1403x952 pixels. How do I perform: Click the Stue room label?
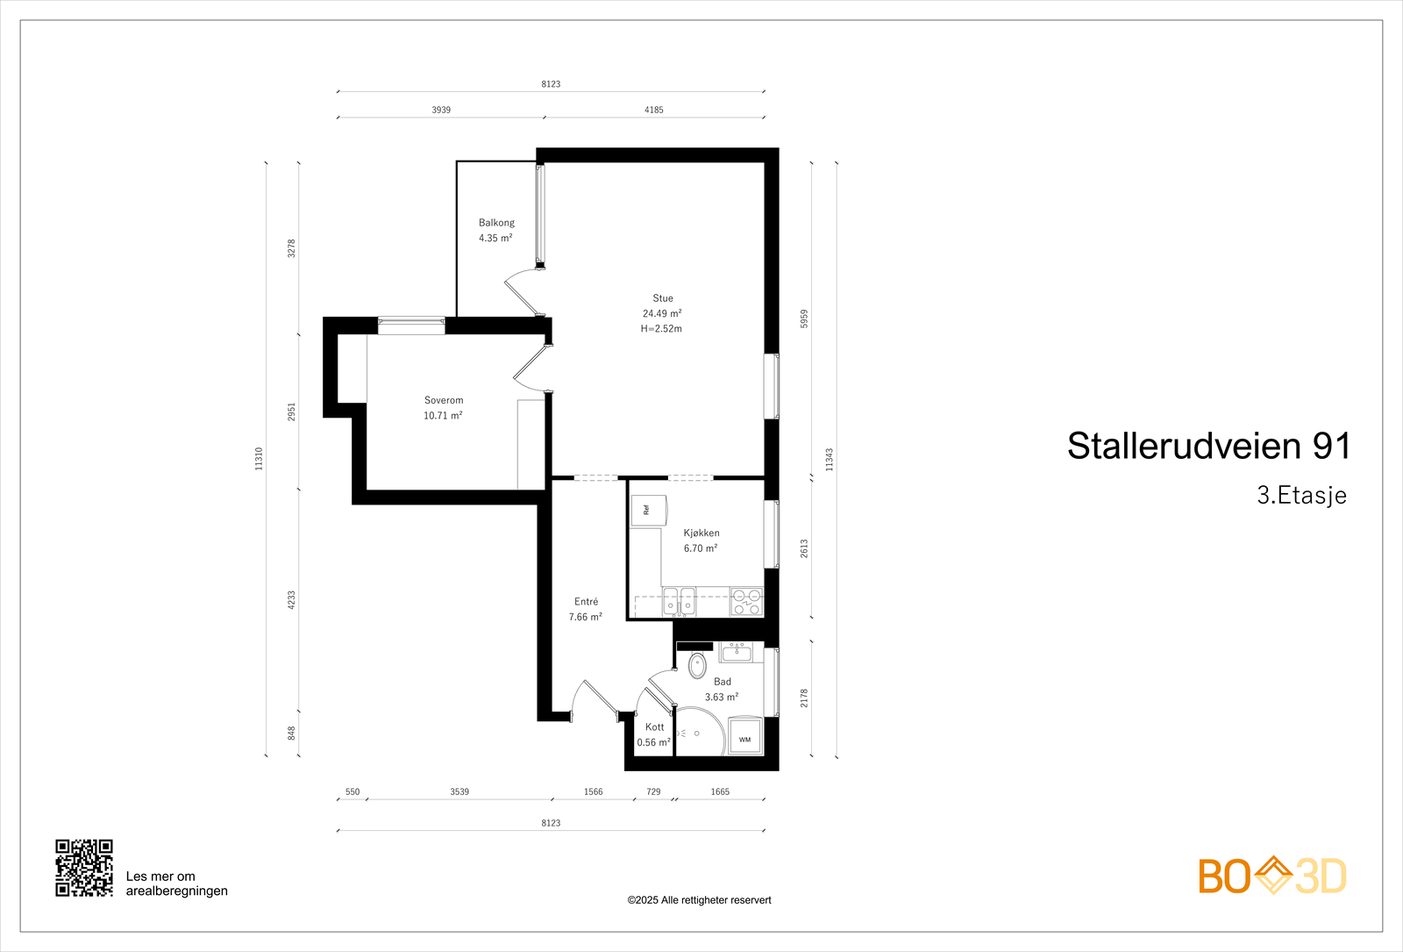663,298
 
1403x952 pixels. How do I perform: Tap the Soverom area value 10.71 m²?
443,416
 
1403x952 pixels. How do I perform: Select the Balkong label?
496,223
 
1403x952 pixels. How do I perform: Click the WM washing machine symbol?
744,737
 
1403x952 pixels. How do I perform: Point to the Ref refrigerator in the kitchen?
649,510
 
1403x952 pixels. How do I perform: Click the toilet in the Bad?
697,665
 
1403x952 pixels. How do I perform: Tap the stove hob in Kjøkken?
747,602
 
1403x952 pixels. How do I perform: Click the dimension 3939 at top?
441,110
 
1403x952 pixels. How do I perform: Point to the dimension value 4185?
654,110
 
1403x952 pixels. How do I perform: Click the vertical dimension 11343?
829,459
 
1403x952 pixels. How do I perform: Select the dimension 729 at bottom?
653,791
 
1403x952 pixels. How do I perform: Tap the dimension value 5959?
803,319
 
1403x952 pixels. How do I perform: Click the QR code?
84,868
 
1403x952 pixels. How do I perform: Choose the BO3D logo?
1272,876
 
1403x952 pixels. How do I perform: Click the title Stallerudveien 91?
1208,446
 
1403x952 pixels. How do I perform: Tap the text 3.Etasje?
1301,495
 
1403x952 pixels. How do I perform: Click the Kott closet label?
654,727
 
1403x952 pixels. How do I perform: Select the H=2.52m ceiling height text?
661,329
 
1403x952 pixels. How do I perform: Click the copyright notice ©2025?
699,900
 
